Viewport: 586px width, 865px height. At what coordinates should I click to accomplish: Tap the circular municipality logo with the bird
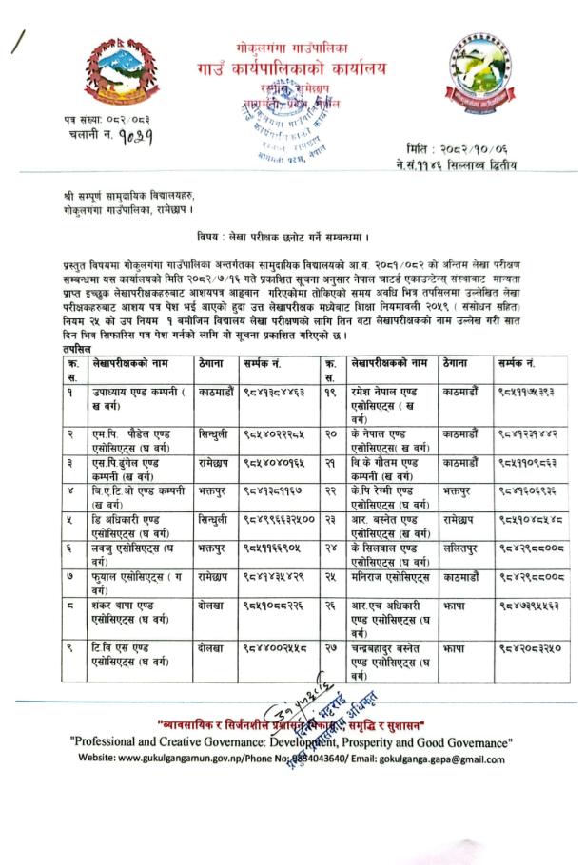pyautogui.click(x=483, y=72)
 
